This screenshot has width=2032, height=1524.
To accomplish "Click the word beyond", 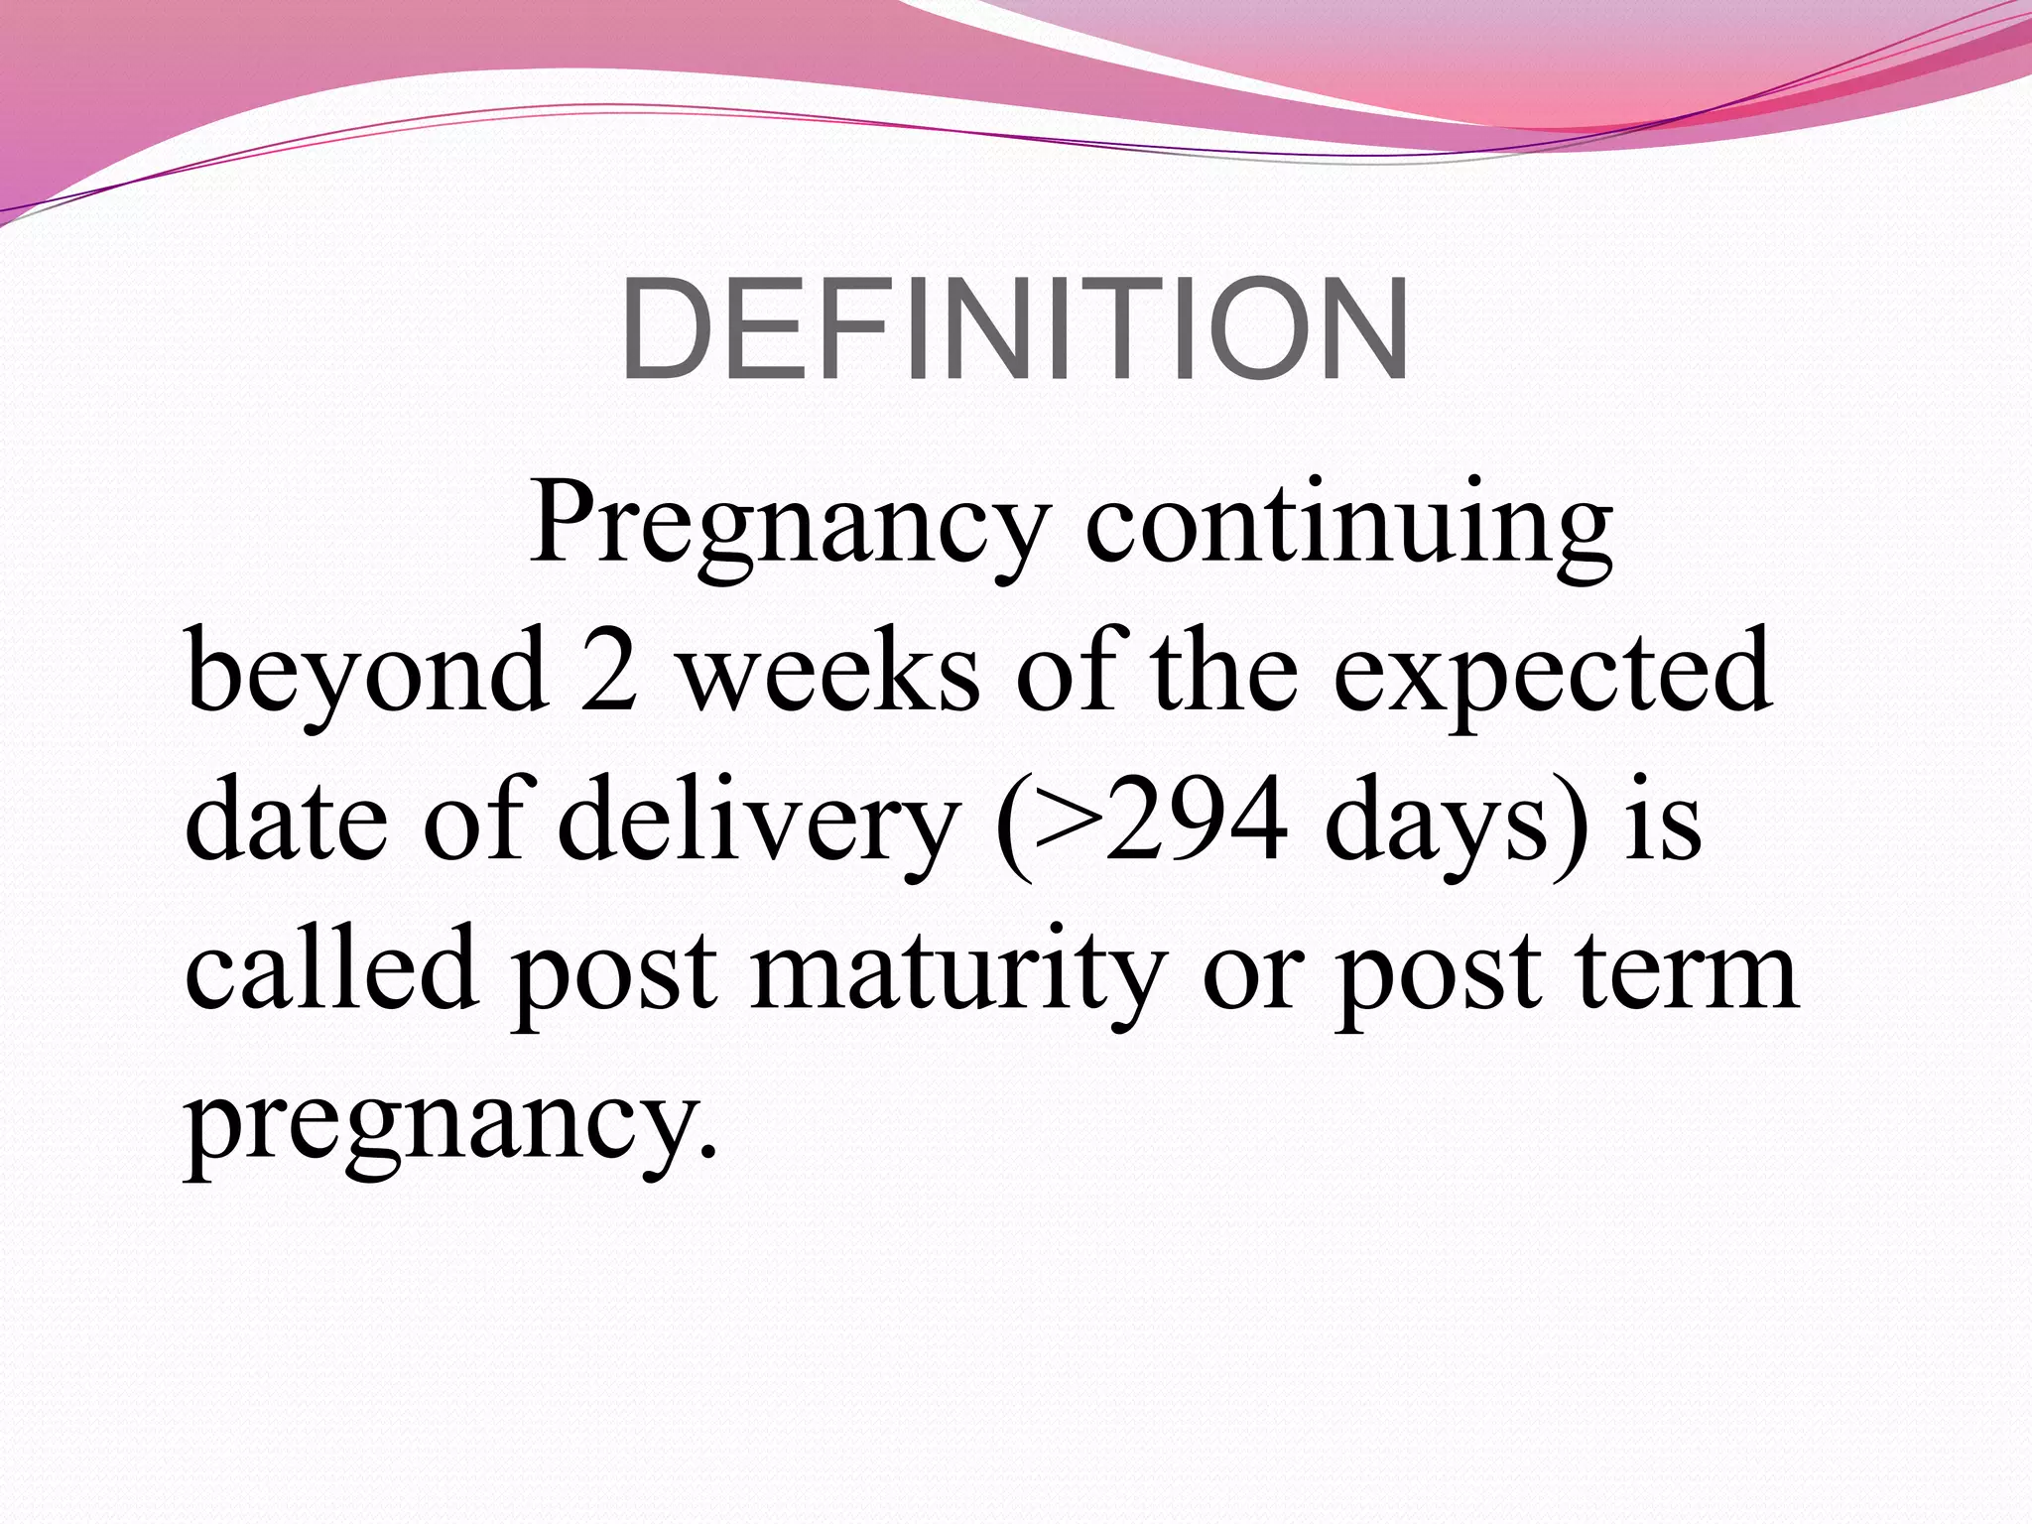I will point(367,675).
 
